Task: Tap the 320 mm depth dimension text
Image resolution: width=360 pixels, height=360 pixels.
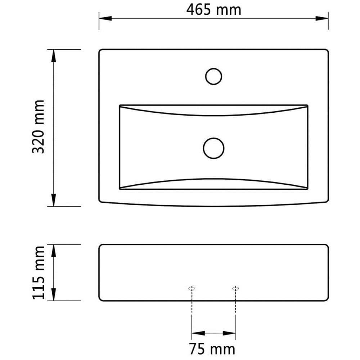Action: pos(38,126)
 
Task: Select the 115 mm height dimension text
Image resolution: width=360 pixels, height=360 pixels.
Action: pos(38,273)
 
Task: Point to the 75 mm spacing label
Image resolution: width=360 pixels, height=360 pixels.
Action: pos(212,349)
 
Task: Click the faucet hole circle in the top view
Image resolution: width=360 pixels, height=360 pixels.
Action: pos(213,68)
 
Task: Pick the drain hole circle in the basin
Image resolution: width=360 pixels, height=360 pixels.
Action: pos(213,138)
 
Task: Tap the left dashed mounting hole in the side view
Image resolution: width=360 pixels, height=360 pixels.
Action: pos(192,289)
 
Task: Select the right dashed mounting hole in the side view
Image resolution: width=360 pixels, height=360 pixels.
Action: pos(235,289)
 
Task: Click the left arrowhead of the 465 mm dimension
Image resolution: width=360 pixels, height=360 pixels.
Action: pos(105,18)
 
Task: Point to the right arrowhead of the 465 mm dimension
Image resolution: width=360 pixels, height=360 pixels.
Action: pos(322,18)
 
